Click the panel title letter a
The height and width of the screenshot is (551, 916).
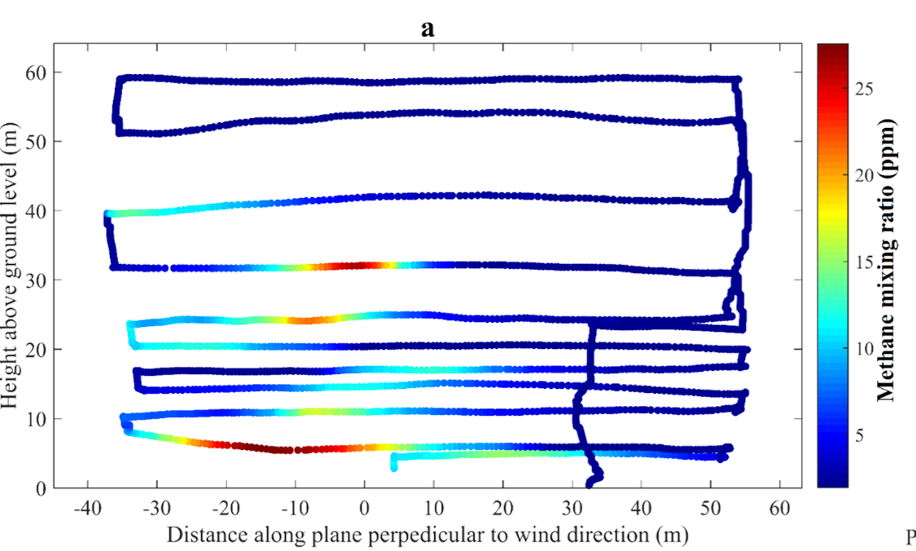tap(427, 29)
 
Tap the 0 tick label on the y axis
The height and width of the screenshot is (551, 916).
tap(41, 488)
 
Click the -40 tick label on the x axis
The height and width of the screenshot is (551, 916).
tap(88, 509)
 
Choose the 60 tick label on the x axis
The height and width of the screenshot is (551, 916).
tap(780, 509)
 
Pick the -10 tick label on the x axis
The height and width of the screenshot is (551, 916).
tap(295, 509)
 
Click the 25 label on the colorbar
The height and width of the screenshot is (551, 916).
tap(864, 89)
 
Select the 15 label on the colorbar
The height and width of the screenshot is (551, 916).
tap(864, 262)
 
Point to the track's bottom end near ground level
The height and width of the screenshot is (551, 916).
tap(589, 484)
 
